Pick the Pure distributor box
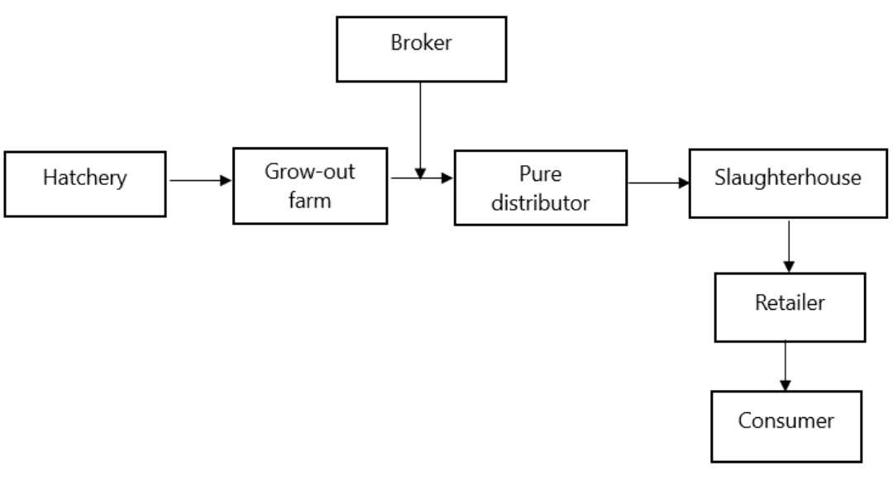click(540, 188)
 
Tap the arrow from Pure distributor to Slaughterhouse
click(659, 182)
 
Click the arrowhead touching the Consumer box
click(786, 386)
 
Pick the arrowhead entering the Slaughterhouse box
click(685, 182)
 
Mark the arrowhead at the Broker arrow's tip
click(420, 174)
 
